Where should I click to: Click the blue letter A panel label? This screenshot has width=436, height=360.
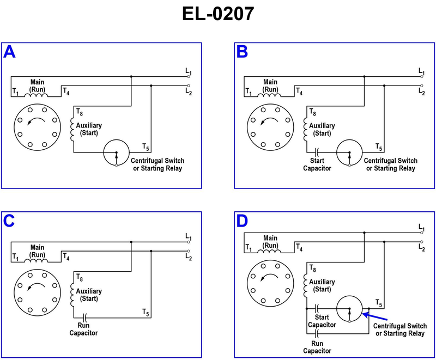[x=10, y=52]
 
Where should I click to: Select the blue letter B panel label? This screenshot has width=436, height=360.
[x=243, y=52]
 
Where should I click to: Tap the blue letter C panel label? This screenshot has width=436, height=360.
[x=10, y=221]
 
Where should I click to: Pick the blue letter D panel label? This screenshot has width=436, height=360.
[x=243, y=221]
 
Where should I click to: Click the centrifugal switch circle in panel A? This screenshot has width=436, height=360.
[x=116, y=152]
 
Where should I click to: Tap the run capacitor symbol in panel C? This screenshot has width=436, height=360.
[x=84, y=316]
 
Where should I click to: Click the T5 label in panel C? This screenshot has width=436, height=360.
[x=146, y=312]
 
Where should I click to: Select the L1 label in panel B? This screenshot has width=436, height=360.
[x=422, y=71]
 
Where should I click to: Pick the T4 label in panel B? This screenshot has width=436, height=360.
[x=299, y=91]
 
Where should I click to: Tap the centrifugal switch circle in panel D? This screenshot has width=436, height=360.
[x=349, y=310]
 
